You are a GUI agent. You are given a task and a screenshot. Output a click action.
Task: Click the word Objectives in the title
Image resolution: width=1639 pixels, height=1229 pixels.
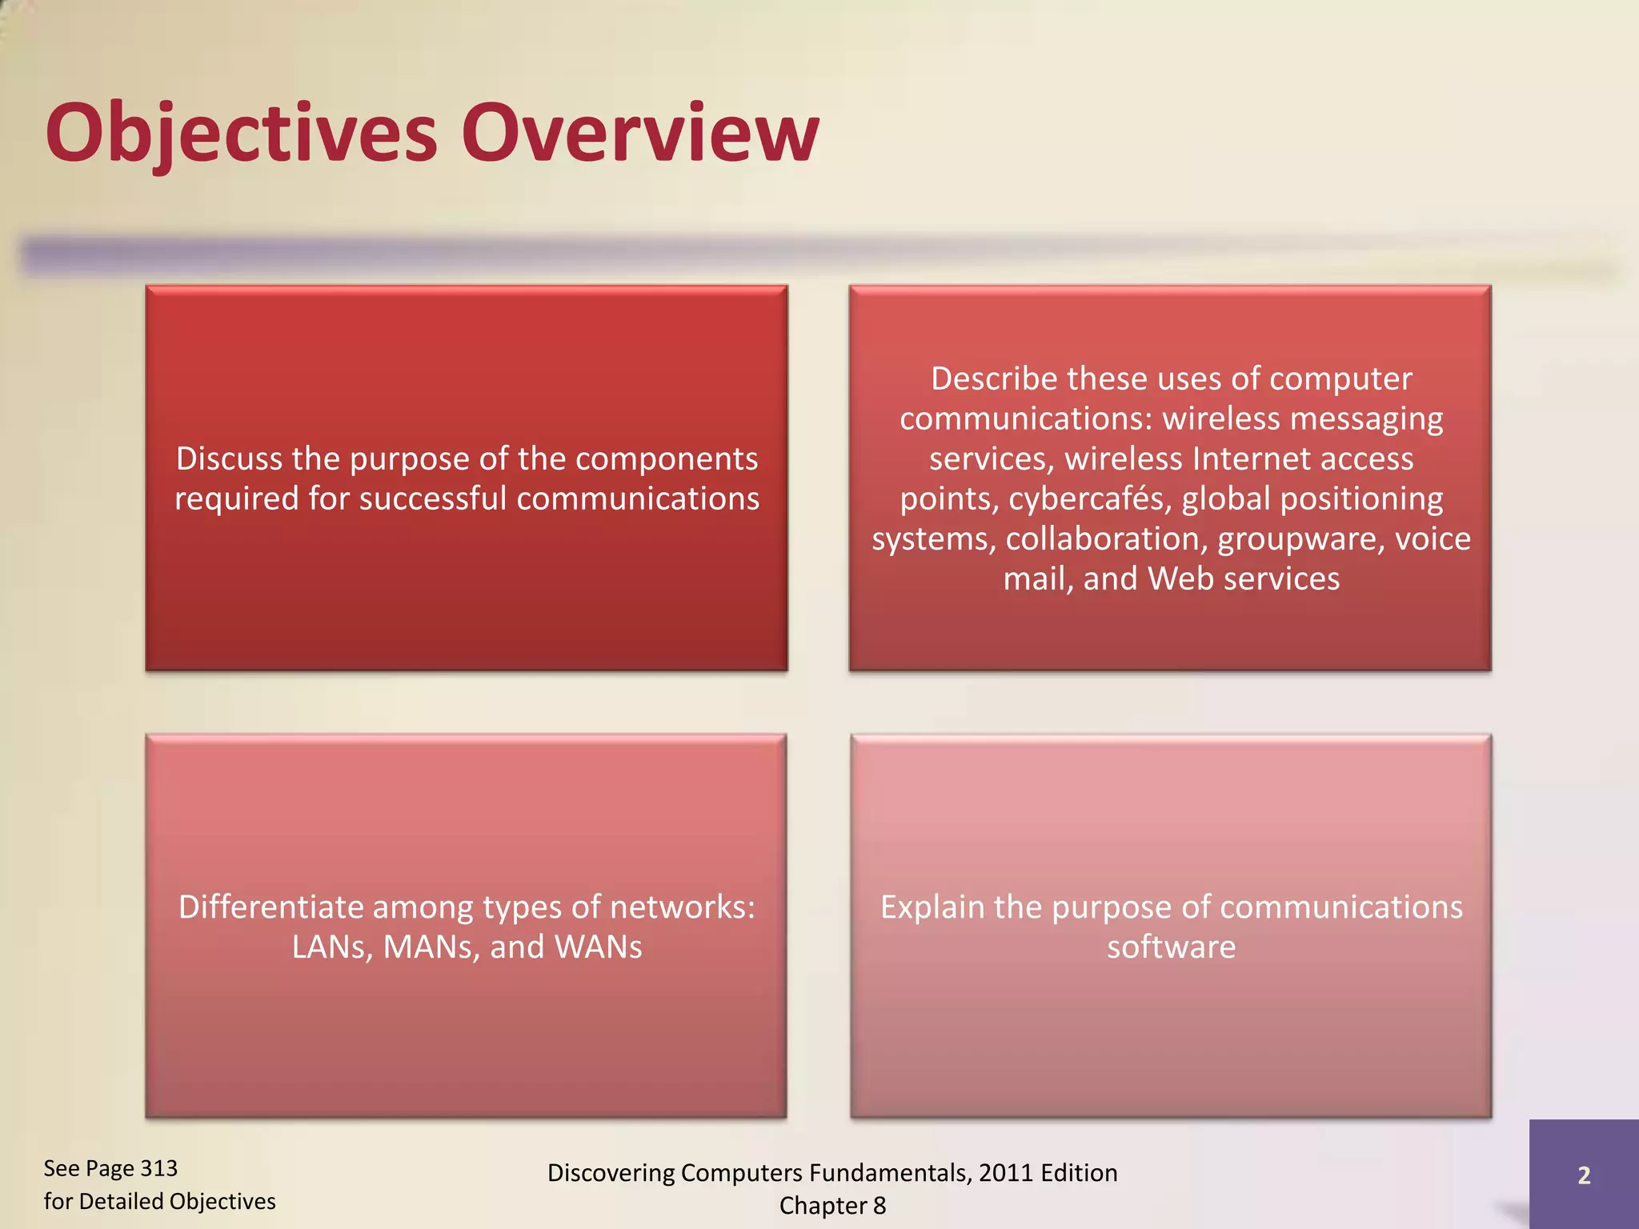[240, 132]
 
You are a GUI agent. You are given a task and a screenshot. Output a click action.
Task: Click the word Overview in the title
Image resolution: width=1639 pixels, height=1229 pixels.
[640, 132]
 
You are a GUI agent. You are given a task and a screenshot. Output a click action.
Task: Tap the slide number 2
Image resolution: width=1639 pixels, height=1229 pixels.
[1584, 1175]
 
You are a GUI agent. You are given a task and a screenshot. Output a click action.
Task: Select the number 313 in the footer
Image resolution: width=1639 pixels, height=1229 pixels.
[158, 1168]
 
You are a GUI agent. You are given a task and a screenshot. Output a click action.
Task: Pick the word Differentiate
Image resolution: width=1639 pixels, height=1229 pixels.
[270, 907]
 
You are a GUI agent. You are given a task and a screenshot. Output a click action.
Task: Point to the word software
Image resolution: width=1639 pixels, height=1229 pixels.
[1171, 947]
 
